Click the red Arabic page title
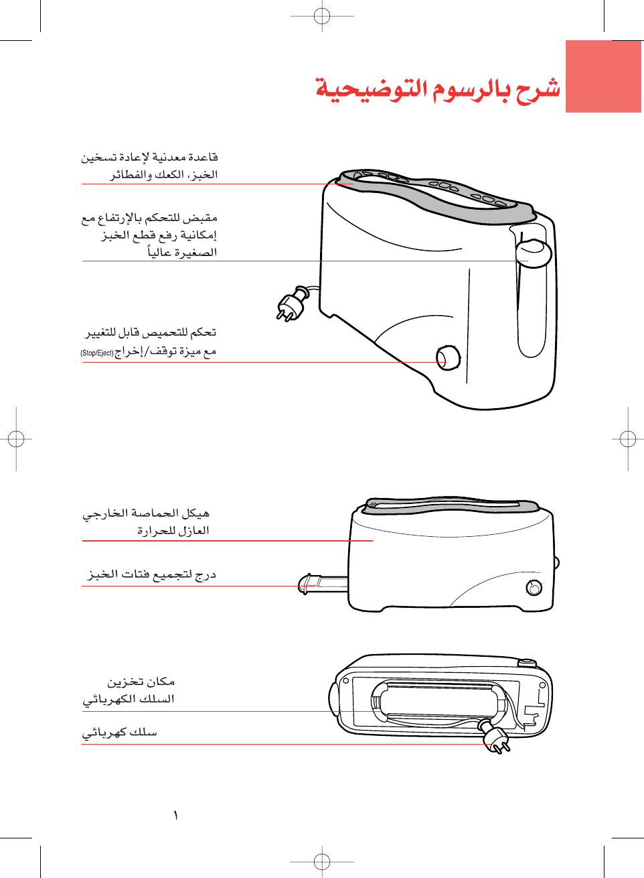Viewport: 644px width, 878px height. [438, 89]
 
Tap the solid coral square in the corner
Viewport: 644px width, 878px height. [603, 76]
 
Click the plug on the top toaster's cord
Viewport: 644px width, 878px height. [291, 305]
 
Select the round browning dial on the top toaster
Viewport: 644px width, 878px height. [448, 358]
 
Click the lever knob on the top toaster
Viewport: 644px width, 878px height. [534, 253]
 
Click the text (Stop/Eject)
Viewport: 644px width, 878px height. [97, 353]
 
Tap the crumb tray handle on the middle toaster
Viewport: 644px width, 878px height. [309, 582]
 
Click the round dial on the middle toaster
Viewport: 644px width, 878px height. [534, 588]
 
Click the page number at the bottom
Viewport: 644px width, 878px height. [175, 816]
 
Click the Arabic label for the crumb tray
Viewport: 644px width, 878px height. [152, 574]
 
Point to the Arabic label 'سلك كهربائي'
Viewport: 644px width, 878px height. [120, 733]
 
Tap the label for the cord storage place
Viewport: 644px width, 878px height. [129, 690]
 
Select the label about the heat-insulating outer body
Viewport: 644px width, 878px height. [147, 522]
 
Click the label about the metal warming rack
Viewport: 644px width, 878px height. [150, 166]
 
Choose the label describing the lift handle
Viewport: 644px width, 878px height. [151, 235]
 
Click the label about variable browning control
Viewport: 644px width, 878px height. [150, 342]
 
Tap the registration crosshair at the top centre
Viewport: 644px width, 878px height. [322, 16]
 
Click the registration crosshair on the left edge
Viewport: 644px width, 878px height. [16, 439]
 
